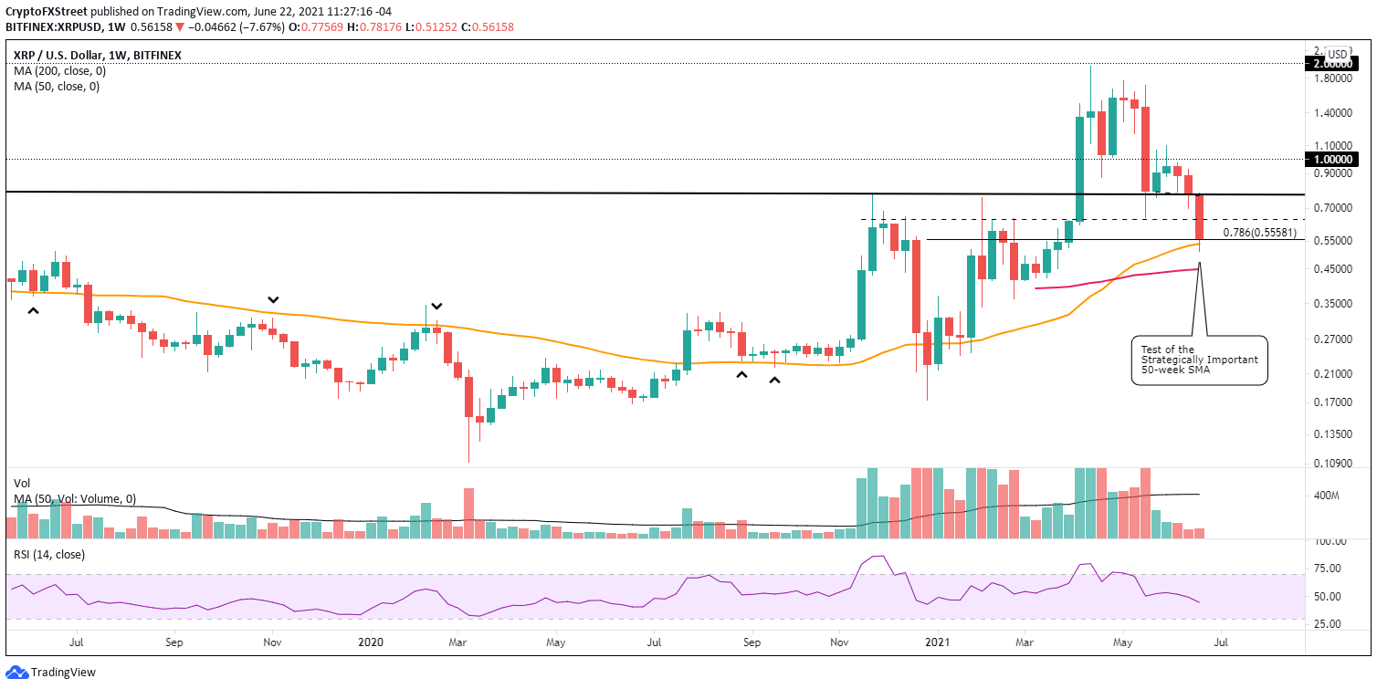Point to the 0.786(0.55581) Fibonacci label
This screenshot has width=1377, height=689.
(1259, 232)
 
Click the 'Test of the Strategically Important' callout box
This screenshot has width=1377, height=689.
(1199, 360)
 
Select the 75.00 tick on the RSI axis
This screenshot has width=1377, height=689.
(1329, 568)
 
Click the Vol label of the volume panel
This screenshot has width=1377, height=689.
(22, 484)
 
